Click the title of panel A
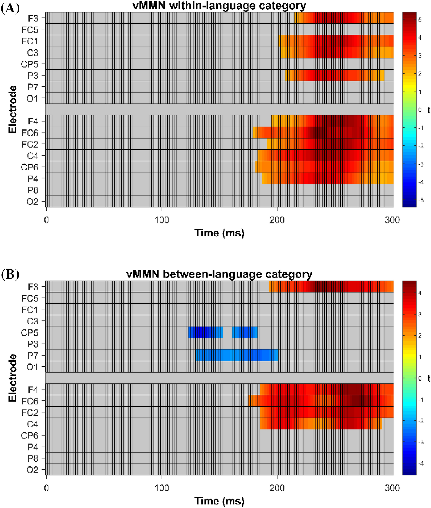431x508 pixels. (x=219, y=6)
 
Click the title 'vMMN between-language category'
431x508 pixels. (x=219, y=274)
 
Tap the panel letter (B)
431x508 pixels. (x=10, y=274)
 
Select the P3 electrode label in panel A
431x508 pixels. (x=33, y=76)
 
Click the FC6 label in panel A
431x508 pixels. (x=30, y=133)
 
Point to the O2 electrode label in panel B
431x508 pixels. (x=32, y=470)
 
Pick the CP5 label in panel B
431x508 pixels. (x=30, y=333)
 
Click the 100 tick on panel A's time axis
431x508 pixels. (x=162, y=220)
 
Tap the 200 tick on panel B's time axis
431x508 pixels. (x=277, y=488)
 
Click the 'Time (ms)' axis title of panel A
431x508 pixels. (x=219, y=233)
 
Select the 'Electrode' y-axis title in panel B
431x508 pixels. (x=12, y=378)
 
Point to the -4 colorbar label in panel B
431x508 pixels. (x=421, y=463)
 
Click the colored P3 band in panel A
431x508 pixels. (x=334, y=75)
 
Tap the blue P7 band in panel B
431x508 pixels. (x=237, y=355)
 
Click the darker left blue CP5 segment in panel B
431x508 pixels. (x=205, y=332)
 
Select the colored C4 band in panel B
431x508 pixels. (x=320, y=423)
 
